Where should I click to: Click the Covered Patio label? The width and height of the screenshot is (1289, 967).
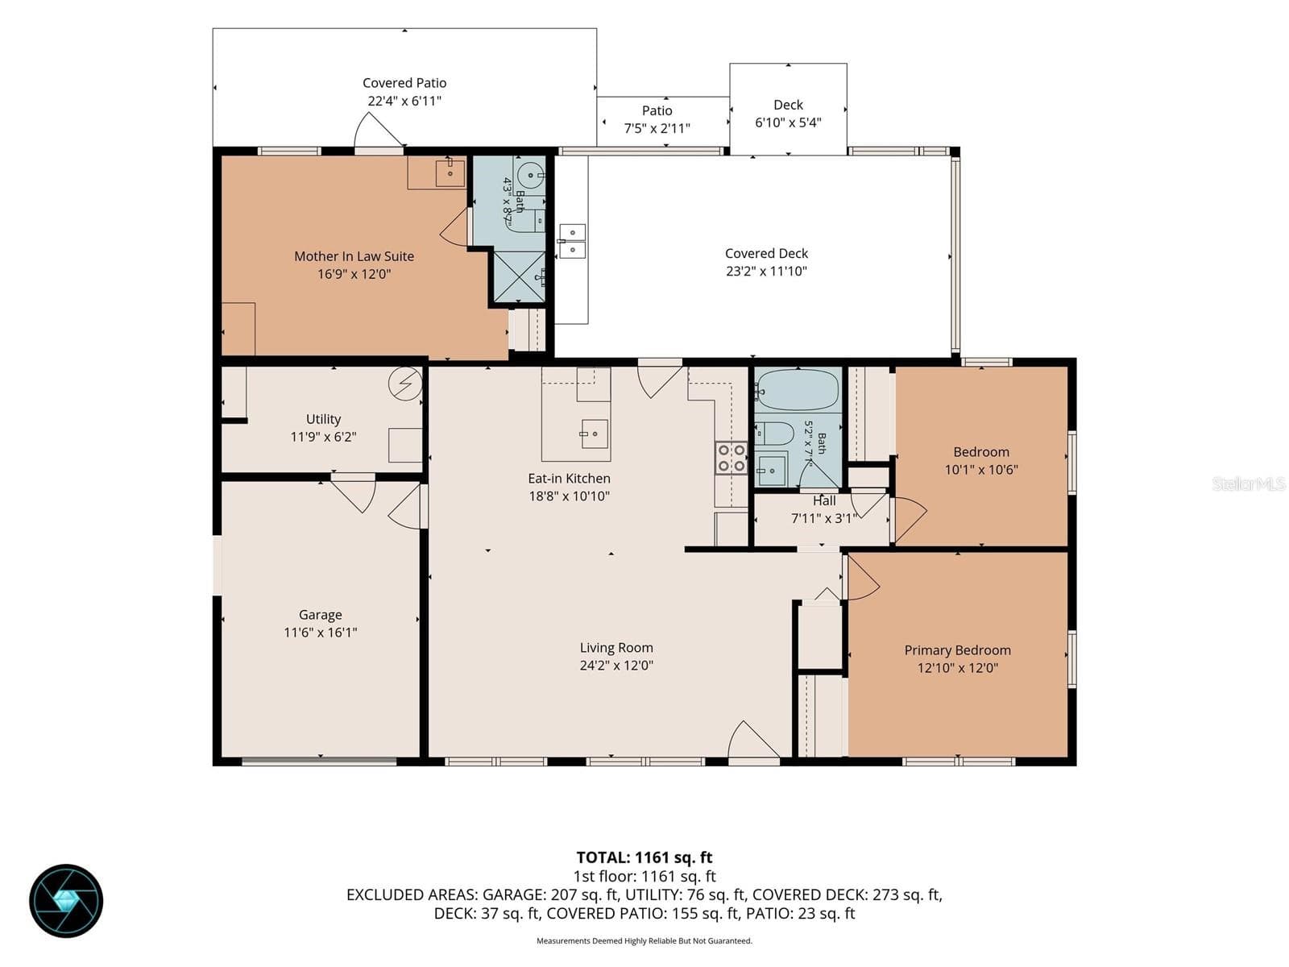[x=404, y=83]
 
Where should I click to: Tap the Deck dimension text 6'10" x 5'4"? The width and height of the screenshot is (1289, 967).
[x=787, y=122]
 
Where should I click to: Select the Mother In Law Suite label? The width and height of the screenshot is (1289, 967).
[x=354, y=256]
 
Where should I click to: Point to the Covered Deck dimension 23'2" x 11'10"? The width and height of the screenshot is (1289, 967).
[x=766, y=272]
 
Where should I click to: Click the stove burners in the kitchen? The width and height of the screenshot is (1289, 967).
[x=732, y=458]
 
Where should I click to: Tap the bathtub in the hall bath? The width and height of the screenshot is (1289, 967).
[x=797, y=389]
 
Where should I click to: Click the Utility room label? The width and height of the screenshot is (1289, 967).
[x=323, y=419]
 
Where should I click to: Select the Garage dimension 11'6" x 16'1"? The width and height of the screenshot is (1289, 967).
[x=320, y=633]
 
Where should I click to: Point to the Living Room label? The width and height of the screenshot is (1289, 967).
[x=616, y=648]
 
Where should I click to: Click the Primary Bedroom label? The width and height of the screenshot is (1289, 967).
[x=957, y=650]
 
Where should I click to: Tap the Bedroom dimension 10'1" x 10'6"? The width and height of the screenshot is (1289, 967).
[x=980, y=470]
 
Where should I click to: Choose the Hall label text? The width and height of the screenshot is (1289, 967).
[x=824, y=500]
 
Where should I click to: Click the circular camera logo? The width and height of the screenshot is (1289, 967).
[x=66, y=901]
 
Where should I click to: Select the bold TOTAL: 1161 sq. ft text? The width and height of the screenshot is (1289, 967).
[x=644, y=857]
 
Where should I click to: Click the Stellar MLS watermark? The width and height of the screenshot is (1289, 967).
[x=1249, y=483]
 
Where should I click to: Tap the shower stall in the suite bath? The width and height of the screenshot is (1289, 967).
[x=519, y=277]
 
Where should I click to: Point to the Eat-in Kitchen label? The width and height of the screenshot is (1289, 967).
[x=569, y=479]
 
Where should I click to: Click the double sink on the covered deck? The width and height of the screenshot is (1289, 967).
[x=571, y=241]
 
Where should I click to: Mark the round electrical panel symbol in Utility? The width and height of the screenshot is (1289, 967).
[x=405, y=384]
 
